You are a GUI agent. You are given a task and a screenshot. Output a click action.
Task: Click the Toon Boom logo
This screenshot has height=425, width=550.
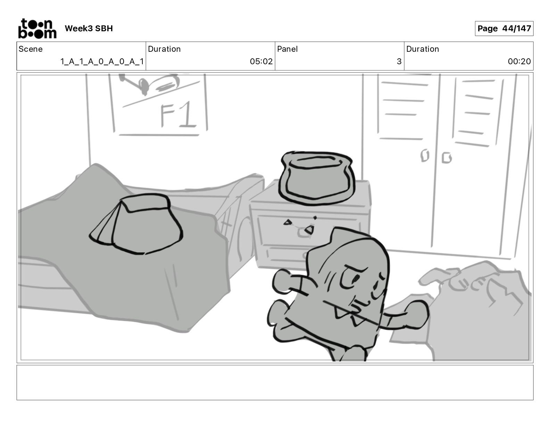click(x=37, y=28)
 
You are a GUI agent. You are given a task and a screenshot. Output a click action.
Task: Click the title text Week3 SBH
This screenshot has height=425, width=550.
click(x=89, y=28)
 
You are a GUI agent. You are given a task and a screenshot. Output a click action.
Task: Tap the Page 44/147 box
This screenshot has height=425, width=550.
click(x=504, y=28)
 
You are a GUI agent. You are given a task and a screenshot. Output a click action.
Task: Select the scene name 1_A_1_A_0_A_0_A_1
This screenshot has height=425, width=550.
click(x=102, y=61)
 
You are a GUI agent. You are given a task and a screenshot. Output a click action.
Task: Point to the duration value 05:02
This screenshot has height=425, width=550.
click(x=261, y=61)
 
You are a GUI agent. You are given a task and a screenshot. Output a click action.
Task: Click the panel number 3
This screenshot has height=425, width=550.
click(x=399, y=61)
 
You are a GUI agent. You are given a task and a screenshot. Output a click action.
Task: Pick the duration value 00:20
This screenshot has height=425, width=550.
click(x=519, y=61)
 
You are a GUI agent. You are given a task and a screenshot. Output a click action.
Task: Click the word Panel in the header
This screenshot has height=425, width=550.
click(x=287, y=49)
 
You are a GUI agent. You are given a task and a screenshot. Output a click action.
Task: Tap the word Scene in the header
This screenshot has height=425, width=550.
click(x=31, y=49)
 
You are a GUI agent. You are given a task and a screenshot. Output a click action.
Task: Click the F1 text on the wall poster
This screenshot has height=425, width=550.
click(x=178, y=115)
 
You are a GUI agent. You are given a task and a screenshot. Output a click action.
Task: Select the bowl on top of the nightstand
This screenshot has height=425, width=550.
click(x=317, y=178)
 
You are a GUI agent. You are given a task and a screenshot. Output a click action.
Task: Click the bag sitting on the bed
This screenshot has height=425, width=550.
click(x=136, y=224)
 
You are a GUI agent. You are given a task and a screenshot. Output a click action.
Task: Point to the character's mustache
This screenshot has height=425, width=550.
click(x=355, y=312)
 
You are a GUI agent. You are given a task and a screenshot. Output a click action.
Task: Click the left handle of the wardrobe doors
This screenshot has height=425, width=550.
click(x=425, y=156)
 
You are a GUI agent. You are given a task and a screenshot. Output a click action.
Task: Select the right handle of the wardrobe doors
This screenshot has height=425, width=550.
click(x=447, y=158)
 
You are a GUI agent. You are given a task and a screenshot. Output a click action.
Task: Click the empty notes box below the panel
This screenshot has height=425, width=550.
click(x=275, y=383)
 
